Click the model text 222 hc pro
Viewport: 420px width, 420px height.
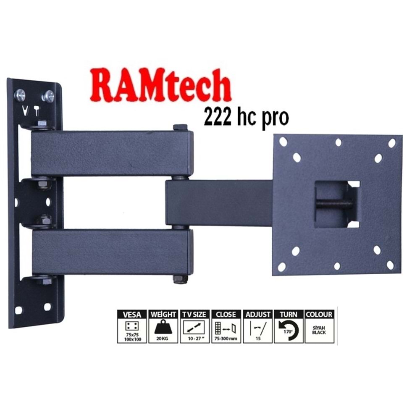246,118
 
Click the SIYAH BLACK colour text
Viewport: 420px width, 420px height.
319,330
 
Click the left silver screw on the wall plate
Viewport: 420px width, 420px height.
20,95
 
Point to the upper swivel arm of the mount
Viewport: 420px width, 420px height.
111,153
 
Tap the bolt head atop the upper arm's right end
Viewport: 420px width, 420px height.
180,127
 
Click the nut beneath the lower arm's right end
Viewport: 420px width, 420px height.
180,279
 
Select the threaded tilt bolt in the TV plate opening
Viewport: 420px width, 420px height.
334,204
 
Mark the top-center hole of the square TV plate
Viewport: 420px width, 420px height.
338,142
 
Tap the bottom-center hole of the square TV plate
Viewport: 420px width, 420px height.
337,266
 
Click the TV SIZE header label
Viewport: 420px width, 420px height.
194,314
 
